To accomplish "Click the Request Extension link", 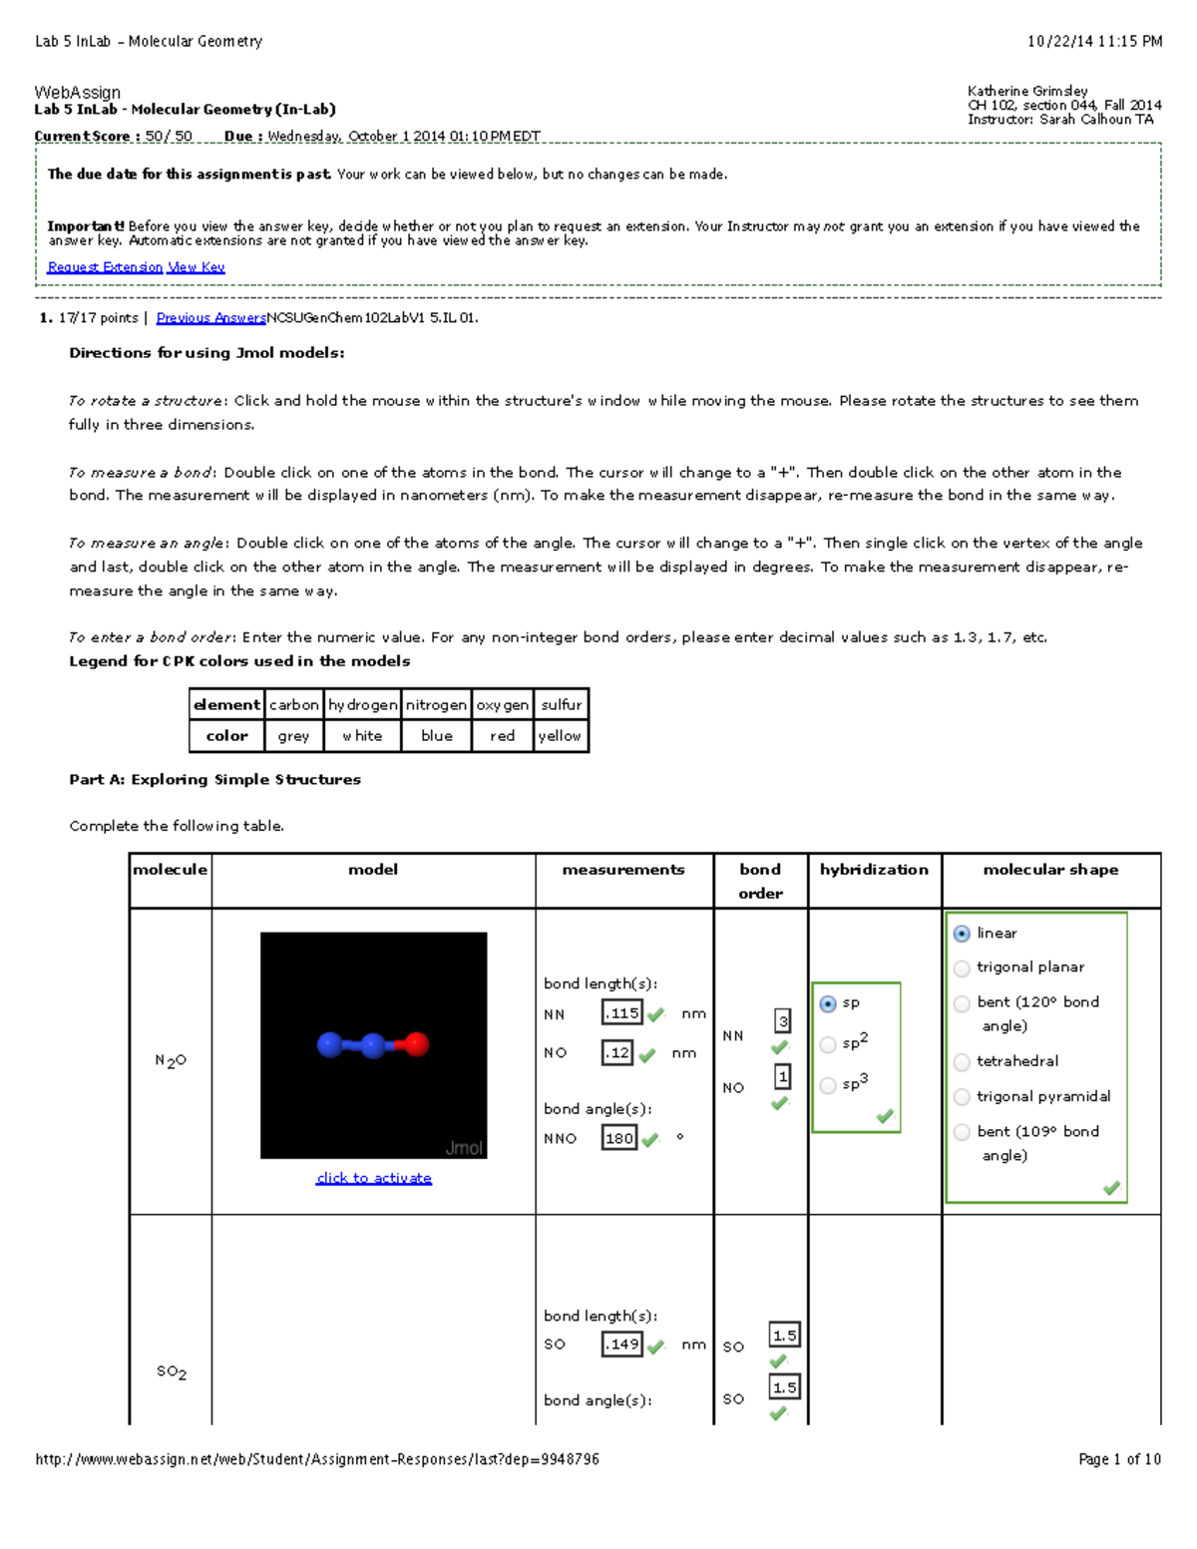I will pos(105,267).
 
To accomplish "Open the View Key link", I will pos(197,267).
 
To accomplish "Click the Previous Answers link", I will pos(210,318).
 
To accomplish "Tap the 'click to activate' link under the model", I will pos(374,1178).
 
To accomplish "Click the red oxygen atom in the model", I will pos(417,1044).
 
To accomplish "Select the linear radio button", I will pos(962,934).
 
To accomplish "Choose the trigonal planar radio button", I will pos(962,968).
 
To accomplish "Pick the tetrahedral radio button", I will pos(962,1062).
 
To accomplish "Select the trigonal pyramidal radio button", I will pos(962,1097).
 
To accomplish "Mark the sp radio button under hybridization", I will pos(828,1003).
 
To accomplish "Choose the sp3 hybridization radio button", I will pos(828,1085).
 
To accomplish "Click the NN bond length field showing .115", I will pos(622,1013).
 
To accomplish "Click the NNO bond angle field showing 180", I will pos(619,1138).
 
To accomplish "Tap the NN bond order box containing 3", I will pos(783,1021).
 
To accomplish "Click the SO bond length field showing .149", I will pos(622,1345).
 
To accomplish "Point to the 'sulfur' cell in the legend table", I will pos(561,705).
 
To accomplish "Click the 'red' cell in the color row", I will pos(502,736).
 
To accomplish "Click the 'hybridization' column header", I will pos(874,870).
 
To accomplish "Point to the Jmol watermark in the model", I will pos(464,1148).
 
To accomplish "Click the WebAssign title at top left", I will pos(78,93).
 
